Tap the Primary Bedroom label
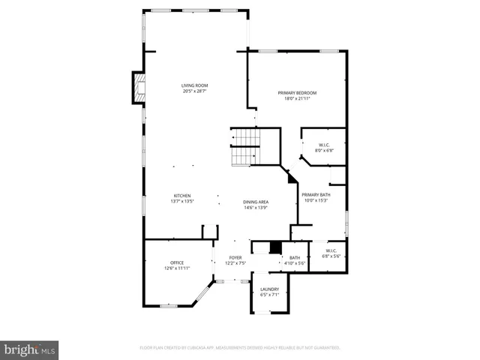click(297, 93)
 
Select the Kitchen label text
click(182, 196)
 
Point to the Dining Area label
click(256, 202)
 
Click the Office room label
click(177, 262)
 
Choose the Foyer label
click(235, 258)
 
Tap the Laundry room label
click(269, 289)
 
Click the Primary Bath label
click(316, 195)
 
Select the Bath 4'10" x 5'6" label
click(294, 260)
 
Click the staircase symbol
click(244, 147)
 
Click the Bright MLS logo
click(29, 350)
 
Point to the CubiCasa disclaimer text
click(240, 348)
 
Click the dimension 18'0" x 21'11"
click(297, 98)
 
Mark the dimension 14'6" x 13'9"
click(256, 208)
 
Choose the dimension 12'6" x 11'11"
click(177, 268)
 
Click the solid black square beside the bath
click(275, 248)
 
